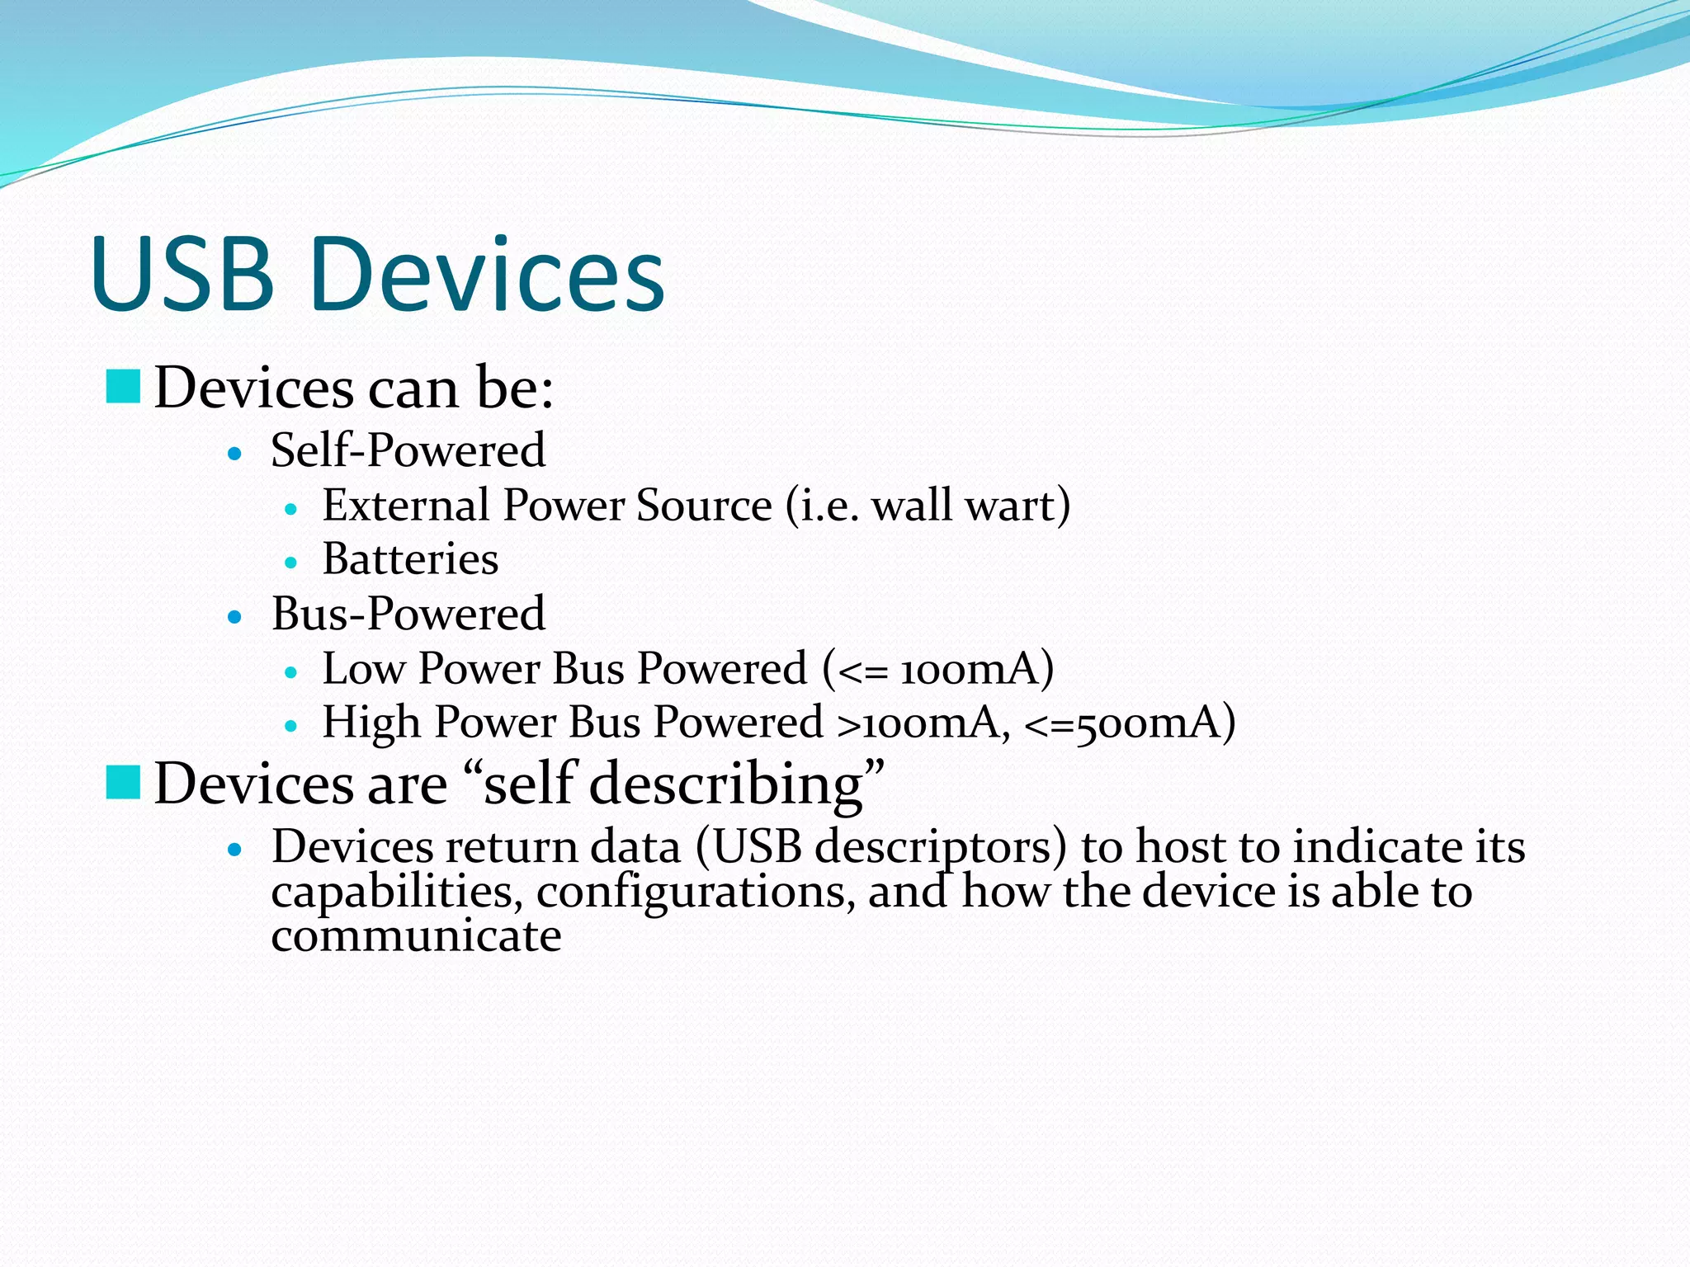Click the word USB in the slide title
point(183,274)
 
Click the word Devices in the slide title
point(489,274)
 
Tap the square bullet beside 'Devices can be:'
point(124,387)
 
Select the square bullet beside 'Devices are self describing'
point(124,782)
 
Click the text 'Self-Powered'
point(408,450)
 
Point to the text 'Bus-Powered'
point(408,614)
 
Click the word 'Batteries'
point(410,559)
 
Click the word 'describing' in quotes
point(726,784)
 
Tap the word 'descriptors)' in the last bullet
point(941,848)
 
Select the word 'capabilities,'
point(397,893)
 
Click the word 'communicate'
point(416,935)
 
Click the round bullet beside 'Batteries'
point(290,563)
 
